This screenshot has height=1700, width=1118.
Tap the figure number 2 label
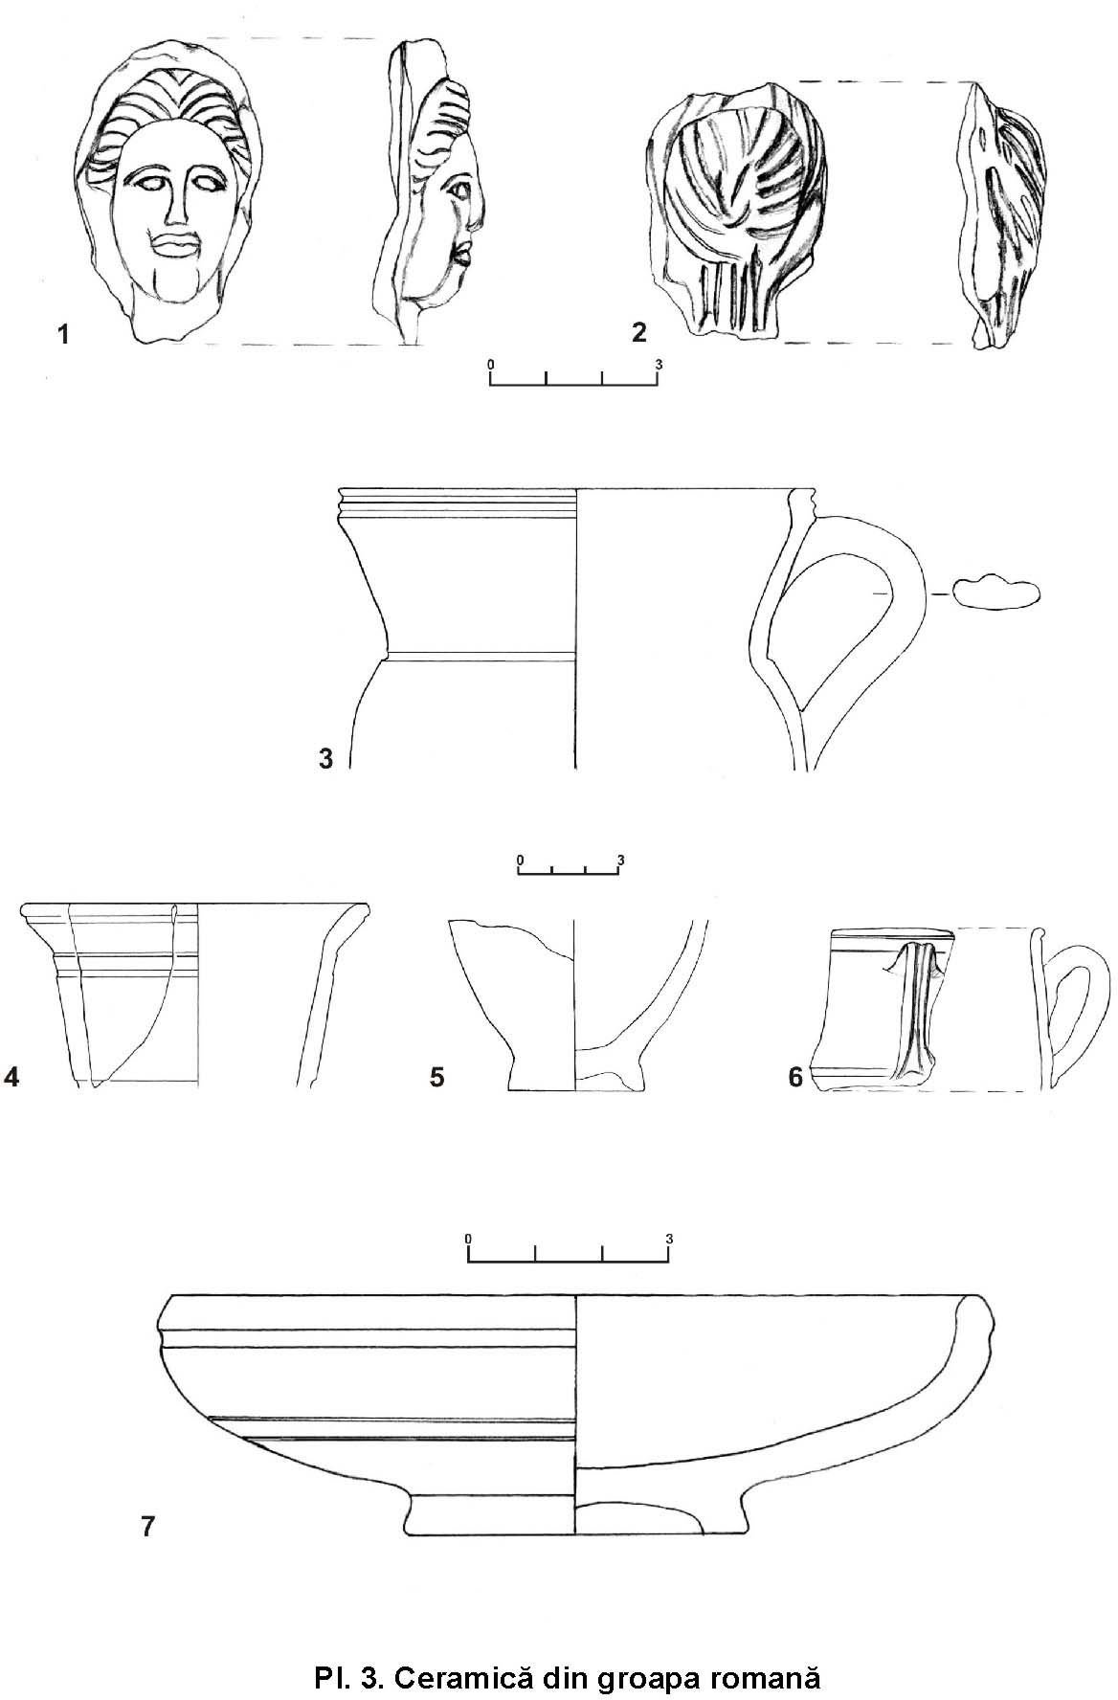(x=639, y=332)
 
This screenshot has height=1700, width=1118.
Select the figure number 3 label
(x=325, y=759)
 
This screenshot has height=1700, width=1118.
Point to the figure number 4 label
(x=11, y=1078)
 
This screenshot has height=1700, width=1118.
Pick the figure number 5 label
(x=436, y=1078)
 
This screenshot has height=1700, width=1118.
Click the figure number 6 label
(x=795, y=1078)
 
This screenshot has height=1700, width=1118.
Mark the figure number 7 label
(x=147, y=1526)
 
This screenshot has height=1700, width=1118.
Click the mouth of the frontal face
(x=175, y=244)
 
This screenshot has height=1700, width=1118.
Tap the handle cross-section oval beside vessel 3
(x=996, y=593)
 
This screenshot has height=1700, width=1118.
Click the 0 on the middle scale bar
(x=520, y=860)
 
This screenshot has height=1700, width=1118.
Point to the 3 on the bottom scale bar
(x=669, y=1239)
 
